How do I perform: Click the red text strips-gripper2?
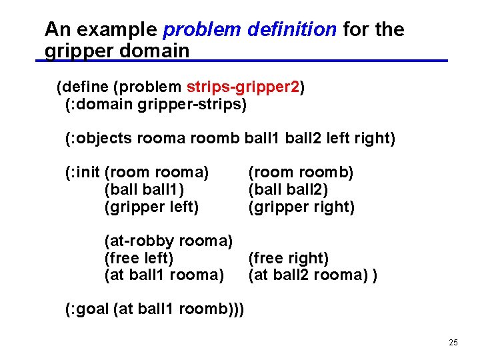tap(243, 87)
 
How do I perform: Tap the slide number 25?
tap(453, 343)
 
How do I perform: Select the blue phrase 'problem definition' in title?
tap(250, 29)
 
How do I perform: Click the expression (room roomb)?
tap(301, 173)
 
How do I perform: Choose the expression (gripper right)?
tap(301, 207)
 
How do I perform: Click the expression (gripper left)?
tap(151, 207)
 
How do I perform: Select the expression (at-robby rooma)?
tap(168, 240)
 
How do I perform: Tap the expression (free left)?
tap(139, 257)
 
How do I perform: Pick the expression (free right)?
tap(289, 257)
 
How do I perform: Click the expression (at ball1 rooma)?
tap(164, 275)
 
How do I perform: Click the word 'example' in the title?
tap(117, 29)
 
